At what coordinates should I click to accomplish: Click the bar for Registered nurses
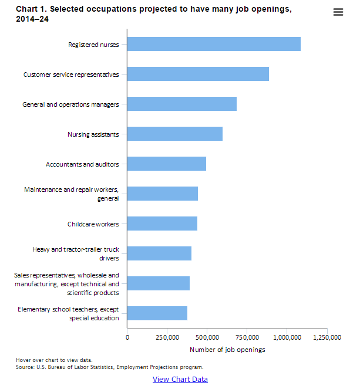[214, 44]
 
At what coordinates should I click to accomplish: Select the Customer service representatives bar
[198, 74]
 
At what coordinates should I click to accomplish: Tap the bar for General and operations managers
[182, 104]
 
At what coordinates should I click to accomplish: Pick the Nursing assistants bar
[175, 134]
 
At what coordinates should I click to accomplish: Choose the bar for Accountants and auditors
[167, 164]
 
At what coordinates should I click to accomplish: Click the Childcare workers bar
[162, 224]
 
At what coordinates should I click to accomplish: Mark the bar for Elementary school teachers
[157, 313]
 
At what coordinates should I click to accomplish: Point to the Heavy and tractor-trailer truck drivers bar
[159, 253]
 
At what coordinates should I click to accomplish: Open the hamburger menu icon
[338, 12]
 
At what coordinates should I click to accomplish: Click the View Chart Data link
[180, 379]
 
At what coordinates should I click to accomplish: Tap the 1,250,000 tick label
[327, 337]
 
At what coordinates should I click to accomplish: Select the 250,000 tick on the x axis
[167, 337]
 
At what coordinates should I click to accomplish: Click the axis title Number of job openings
[227, 350]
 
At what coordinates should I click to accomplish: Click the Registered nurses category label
[93, 45]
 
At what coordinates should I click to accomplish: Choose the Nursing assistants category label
[93, 134]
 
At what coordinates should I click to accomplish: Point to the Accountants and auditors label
[82, 164]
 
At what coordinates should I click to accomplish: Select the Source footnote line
[109, 367]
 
